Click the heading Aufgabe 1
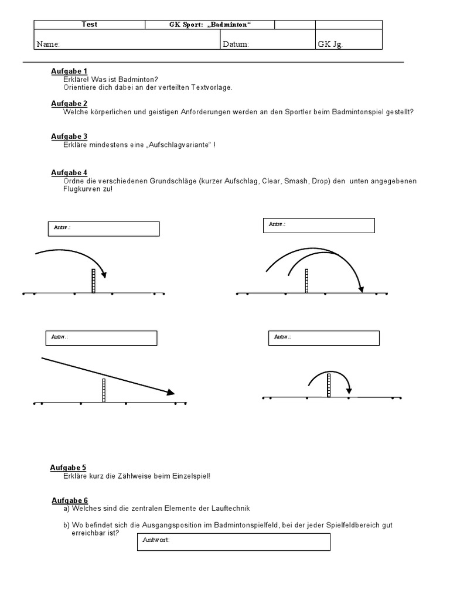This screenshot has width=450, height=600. [x=69, y=71]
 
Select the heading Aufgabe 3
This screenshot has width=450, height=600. [x=69, y=137]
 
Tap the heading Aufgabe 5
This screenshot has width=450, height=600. [x=68, y=468]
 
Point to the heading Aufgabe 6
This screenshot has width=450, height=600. [x=70, y=500]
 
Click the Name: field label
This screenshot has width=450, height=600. [x=48, y=44]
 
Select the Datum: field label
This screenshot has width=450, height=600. [x=236, y=44]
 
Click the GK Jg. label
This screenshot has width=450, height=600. [x=330, y=44]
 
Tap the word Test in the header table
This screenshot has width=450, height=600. [x=90, y=25]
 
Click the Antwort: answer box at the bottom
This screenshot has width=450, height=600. [x=234, y=542]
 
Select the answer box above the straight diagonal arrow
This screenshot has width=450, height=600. [x=101, y=338]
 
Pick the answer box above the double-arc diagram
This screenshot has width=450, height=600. [x=319, y=226]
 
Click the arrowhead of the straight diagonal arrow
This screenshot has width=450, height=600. [x=171, y=393]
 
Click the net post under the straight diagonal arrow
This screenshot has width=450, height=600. [x=104, y=390]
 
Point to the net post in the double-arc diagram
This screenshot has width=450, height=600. [x=306, y=281]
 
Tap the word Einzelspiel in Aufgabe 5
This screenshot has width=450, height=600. [x=190, y=476]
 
